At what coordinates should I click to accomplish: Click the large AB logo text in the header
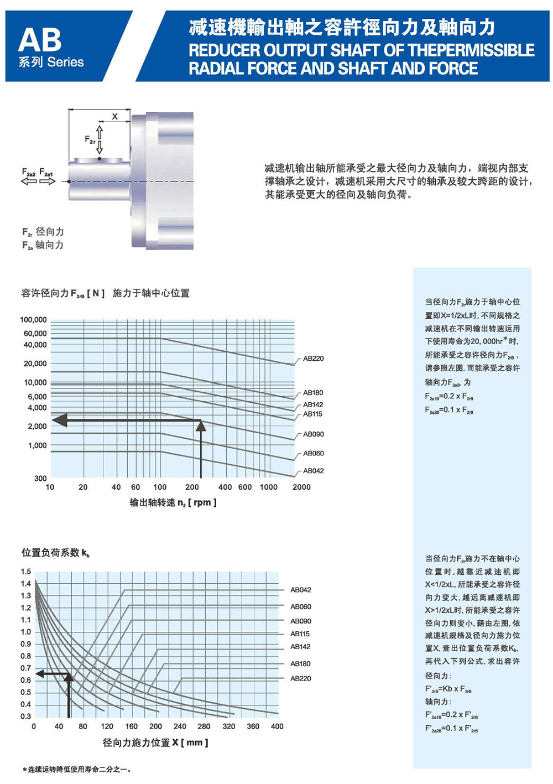tap(40, 40)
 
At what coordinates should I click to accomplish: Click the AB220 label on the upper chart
tap(313, 359)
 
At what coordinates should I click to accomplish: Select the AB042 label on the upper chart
tap(313, 471)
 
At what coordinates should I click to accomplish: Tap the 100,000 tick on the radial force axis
tap(34, 320)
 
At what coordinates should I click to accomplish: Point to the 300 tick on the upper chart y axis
tap(40, 478)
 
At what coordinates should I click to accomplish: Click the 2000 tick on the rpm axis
tap(301, 487)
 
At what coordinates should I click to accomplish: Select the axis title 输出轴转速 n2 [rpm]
tap(173, 502)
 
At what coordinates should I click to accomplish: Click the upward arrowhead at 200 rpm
tap(201, 425)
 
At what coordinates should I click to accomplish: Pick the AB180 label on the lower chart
tap(300, 663)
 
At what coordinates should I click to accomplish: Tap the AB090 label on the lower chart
tap(300, 621)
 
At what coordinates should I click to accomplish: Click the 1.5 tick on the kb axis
tap(26, 572)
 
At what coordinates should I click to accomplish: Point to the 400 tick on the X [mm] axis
tap(277, 726)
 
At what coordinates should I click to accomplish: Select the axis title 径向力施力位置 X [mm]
tap(155, 743)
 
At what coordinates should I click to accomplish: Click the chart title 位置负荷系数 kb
tap(55, 553)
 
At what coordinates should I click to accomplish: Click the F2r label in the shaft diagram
tap(90, 140)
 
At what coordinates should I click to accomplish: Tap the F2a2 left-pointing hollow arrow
tap(29, 181)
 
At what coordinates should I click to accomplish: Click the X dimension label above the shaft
tap(115, 116)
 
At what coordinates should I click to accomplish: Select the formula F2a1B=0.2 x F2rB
tap(448, 396)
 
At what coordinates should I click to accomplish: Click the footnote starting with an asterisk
tap(77, 769)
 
